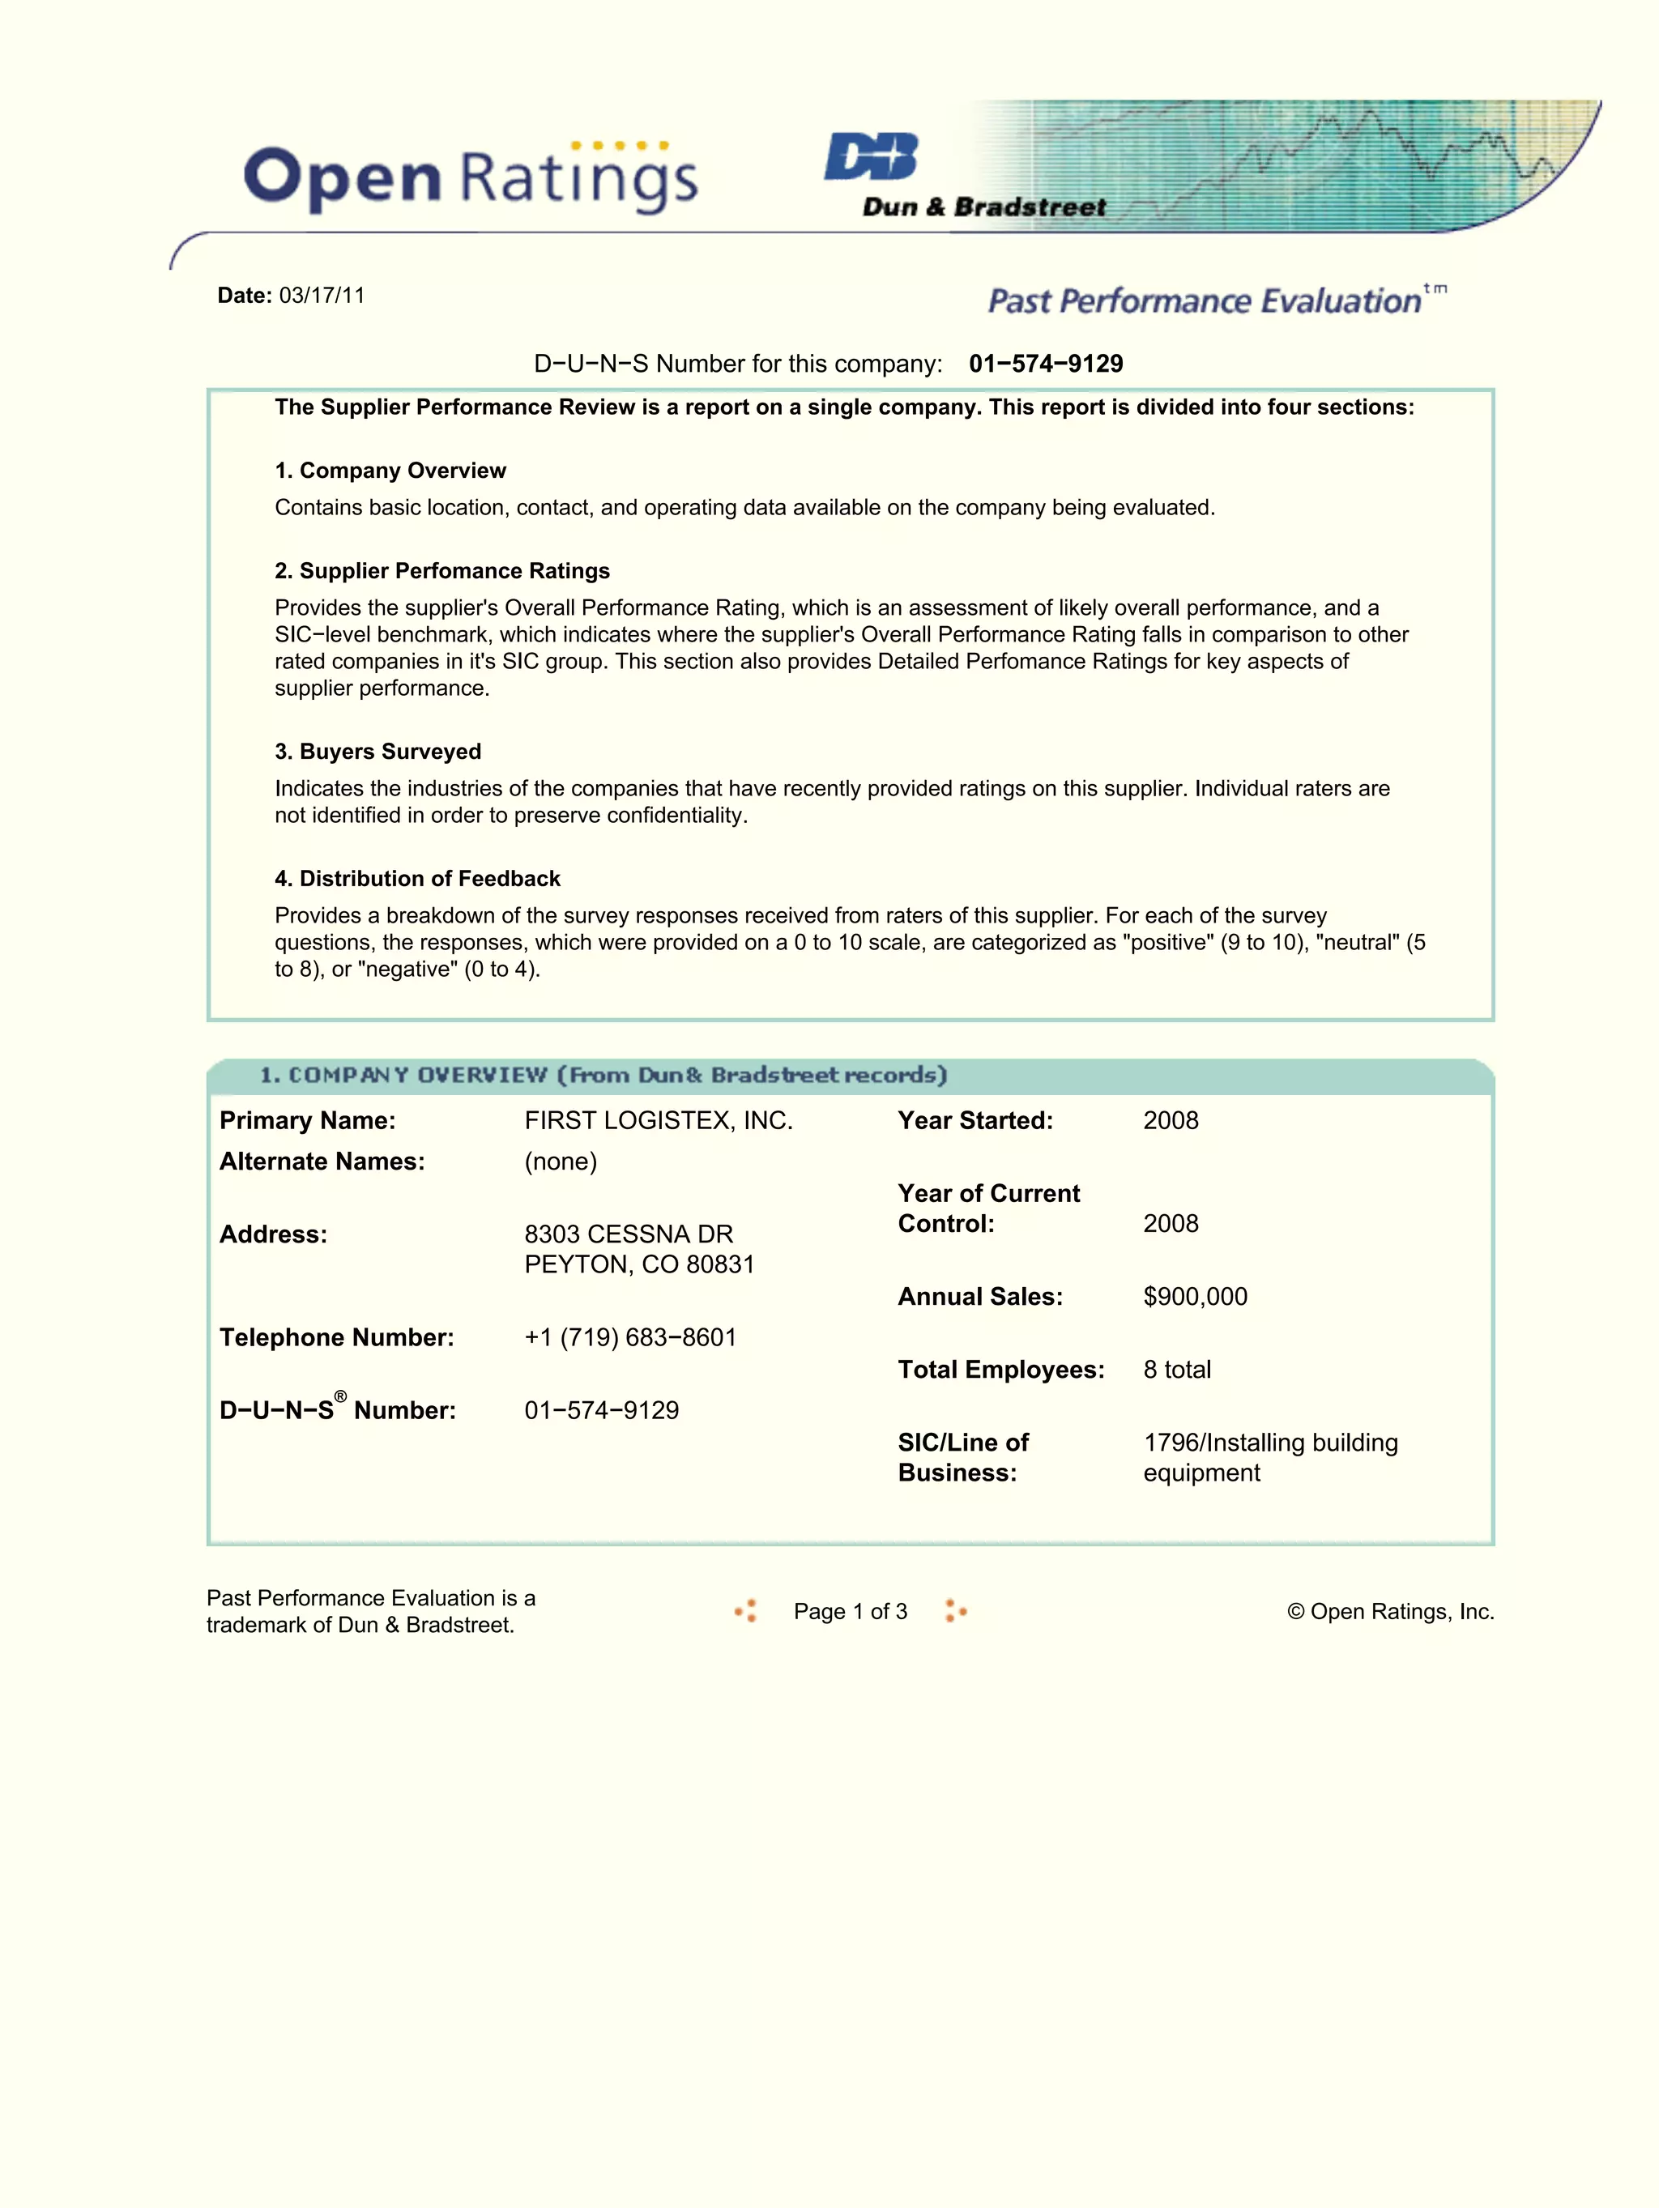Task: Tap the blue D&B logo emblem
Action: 872,156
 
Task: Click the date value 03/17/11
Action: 322,296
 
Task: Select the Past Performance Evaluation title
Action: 1204,301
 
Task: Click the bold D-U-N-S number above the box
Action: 1045,364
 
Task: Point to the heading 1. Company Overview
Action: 390,470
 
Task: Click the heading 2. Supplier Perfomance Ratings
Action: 442,571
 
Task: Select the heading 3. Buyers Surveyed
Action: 377,752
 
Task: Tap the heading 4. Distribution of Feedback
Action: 417,878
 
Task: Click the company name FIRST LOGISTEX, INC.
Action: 658,1120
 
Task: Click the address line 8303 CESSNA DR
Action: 628,1234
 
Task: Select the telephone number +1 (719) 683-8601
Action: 630,1336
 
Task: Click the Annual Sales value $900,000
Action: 1195,1296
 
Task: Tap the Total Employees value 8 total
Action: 1177,1369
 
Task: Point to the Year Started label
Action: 975,1120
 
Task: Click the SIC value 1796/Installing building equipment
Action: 1269,1456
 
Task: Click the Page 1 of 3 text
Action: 850,1611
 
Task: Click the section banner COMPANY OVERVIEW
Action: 603,1075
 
